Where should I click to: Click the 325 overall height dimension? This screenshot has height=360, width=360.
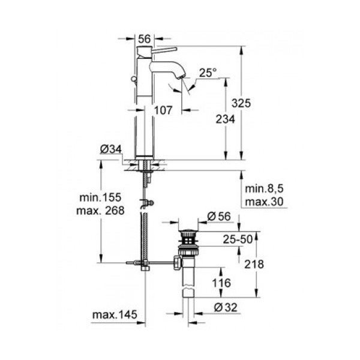coord(258,104)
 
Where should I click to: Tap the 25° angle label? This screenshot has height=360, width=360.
coord(208,73)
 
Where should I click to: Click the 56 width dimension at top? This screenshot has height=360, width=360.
coord(144,37)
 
